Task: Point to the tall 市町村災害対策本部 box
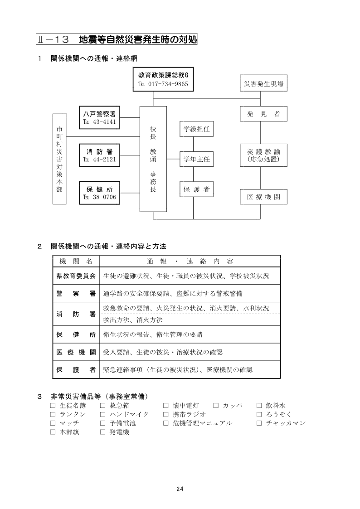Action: (59, 159)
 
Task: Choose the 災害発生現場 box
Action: (263, 84)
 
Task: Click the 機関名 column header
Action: (76, 262)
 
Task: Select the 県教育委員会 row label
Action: (76, 276)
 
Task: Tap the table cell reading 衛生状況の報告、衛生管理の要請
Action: (190, 335)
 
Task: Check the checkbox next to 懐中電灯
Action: (165, 406)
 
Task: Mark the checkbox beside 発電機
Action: (102, 432)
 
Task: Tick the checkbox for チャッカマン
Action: (259, 423)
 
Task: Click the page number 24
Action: (180, 489)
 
